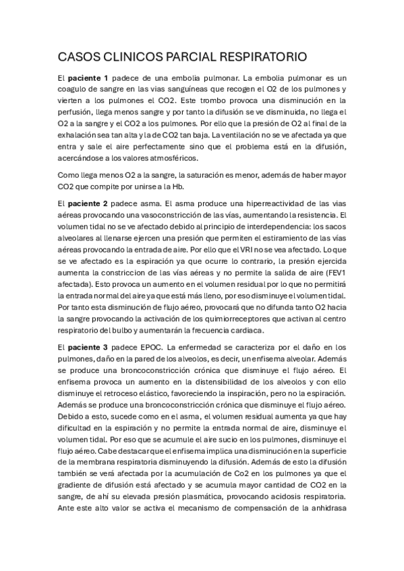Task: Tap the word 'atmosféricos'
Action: (172, 158)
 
